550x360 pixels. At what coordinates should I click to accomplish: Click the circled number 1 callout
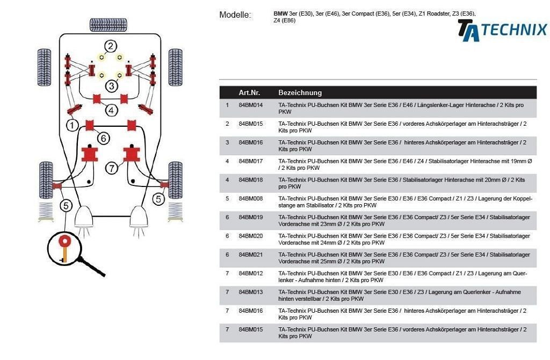coord(72,126)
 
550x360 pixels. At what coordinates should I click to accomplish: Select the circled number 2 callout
coord(111,46)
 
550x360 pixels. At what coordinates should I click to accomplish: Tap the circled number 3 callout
coord(111,85)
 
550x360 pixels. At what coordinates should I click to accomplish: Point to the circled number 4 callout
coord(111,110)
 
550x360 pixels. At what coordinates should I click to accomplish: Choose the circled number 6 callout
coord(104,138)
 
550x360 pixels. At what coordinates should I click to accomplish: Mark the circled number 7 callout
coord(111,168)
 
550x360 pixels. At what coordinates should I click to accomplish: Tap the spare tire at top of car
coord(108,25)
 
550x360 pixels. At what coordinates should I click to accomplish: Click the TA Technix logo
coord(502,30)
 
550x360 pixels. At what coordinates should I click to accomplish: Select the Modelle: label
coord(235,15)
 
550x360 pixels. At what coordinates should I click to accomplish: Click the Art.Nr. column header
coord(249,92)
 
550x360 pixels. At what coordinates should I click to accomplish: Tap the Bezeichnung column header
coord(300,92)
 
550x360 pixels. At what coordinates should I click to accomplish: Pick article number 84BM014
coord(251,105)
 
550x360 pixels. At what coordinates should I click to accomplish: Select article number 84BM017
coord(251,161)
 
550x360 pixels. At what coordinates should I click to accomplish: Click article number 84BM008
coord(251,199)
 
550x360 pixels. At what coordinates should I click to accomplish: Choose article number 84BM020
coord(251,236)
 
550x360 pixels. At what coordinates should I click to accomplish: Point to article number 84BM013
coord(251,292)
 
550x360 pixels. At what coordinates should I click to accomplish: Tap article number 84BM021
coord(251,255)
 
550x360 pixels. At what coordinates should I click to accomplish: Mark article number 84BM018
coord(251,180)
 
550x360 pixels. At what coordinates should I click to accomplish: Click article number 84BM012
coord(251,273)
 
